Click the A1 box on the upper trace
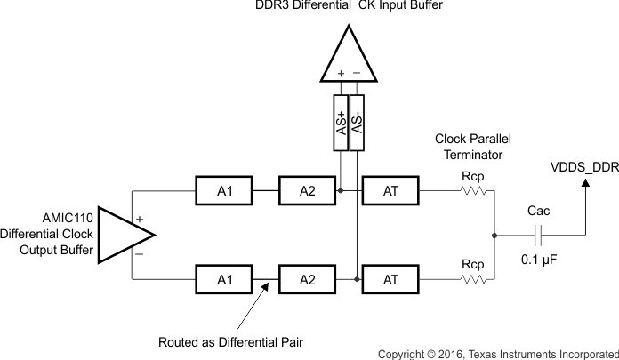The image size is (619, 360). coord(224,190)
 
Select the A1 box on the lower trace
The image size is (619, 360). coord(224,278)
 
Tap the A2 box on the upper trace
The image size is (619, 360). coord(307,190)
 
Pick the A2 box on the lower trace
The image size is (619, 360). coord(307,278)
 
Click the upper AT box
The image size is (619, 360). coord(390,190)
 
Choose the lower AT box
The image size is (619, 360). coord(390,278)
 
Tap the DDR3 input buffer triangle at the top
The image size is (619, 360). coord(349,53)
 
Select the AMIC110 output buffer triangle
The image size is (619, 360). coord(123,235)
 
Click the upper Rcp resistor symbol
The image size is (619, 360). coord(472,190)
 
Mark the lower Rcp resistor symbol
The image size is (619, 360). coord(472,278)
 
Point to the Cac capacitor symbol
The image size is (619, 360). coord(538,235)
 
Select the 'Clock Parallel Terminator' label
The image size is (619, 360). coord(473,147)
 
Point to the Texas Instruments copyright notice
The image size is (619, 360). coord(497,354)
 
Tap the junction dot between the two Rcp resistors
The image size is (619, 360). coord(494,235)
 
